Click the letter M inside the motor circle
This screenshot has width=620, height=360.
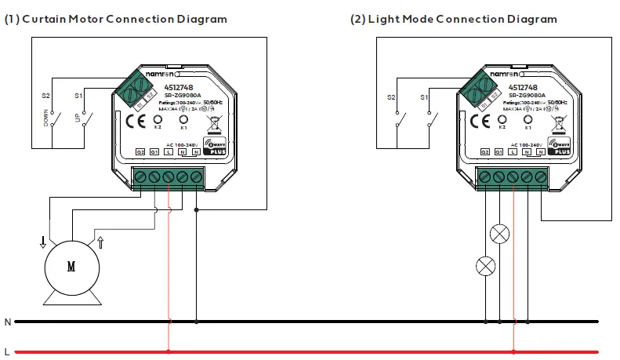point(71,267)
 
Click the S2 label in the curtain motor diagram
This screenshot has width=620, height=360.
point(45,96)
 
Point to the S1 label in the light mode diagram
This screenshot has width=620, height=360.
point(424,96)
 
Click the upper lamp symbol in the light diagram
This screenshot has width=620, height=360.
point(499,233)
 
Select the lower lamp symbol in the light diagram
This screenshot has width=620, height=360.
point(486,267)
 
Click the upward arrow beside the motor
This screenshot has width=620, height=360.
point(100,242)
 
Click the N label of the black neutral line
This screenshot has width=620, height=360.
point(7,322)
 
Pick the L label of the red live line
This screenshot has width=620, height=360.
point(7,351)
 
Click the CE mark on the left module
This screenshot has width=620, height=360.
point(132,121)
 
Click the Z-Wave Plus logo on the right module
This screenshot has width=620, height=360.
point(559,146)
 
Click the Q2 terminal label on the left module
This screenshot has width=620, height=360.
point(141,151)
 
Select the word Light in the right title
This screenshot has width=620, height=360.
point(381,18)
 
